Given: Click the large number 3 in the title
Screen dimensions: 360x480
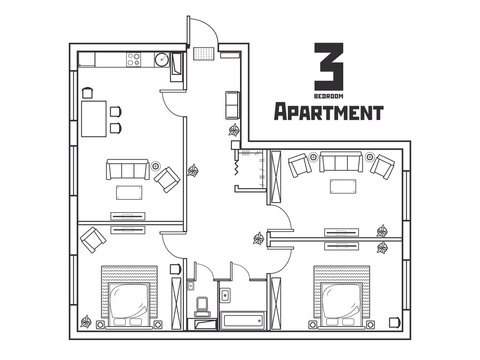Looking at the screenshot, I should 327,65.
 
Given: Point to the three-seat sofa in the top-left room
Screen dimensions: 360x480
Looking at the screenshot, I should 125,170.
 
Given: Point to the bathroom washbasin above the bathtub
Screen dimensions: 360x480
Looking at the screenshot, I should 226,295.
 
